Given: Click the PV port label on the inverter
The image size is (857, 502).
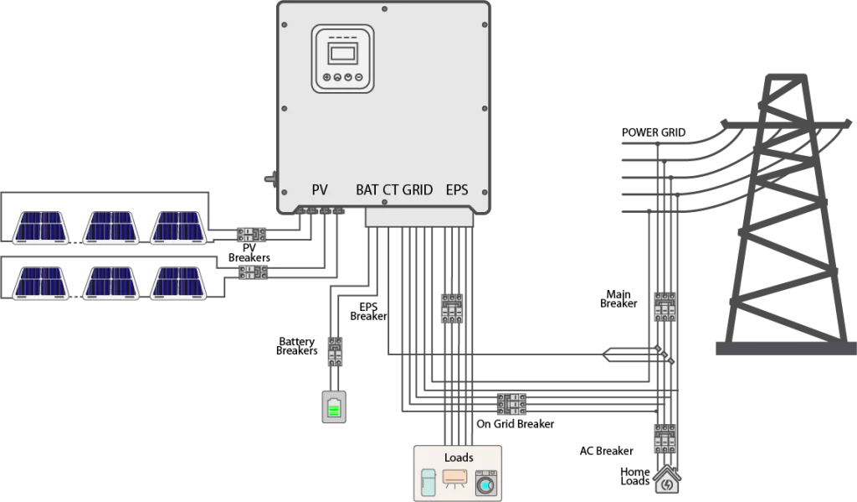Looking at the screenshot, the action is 319,190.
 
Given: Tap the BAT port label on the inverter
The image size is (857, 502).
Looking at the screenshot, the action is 367,190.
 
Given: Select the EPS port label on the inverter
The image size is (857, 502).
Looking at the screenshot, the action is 457,190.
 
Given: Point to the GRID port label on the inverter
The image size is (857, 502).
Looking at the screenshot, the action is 418,190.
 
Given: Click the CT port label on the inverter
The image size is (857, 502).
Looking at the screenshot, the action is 390,190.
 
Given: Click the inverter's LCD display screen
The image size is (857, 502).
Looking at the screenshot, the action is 342,54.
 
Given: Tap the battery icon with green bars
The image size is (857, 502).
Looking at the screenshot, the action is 334,406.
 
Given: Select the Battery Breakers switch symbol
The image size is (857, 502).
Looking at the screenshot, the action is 335,351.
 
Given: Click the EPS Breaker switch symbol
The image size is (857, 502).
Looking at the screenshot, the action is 452,308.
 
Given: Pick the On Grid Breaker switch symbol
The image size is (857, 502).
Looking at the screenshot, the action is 511,404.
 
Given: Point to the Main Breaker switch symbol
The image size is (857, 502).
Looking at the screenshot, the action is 665,307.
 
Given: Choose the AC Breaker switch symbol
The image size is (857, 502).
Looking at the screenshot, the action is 665,438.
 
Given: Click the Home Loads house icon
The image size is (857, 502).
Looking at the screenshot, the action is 667,479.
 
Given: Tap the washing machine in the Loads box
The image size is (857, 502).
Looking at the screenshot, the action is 486,483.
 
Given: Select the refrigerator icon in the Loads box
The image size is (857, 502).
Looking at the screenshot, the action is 429,482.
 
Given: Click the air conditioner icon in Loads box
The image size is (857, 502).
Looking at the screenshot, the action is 454,479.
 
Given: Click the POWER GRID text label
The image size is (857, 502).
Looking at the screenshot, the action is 653,132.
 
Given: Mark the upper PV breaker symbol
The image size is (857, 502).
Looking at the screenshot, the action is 251,235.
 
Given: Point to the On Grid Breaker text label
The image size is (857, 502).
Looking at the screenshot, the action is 515,424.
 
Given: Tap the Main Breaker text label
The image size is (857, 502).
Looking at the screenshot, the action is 618,299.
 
